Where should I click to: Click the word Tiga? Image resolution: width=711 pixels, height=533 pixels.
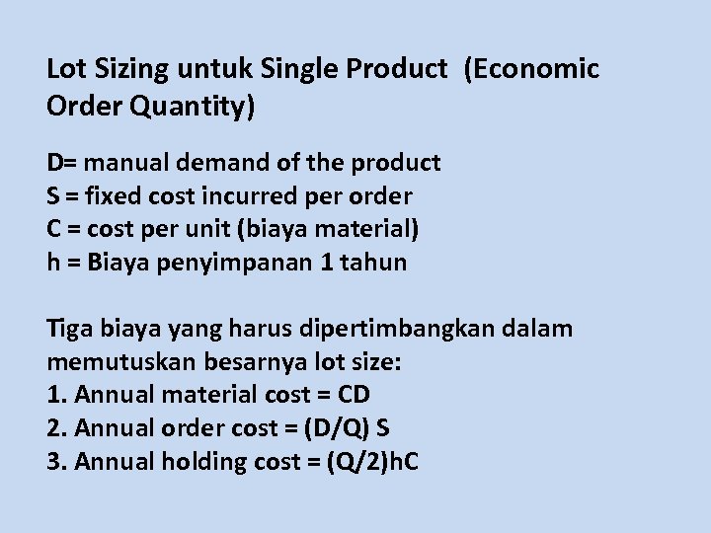coord(67,329)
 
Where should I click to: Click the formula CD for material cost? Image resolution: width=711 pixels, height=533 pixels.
coord(354,396)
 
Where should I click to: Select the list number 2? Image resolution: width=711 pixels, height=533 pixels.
coord(55,429)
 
